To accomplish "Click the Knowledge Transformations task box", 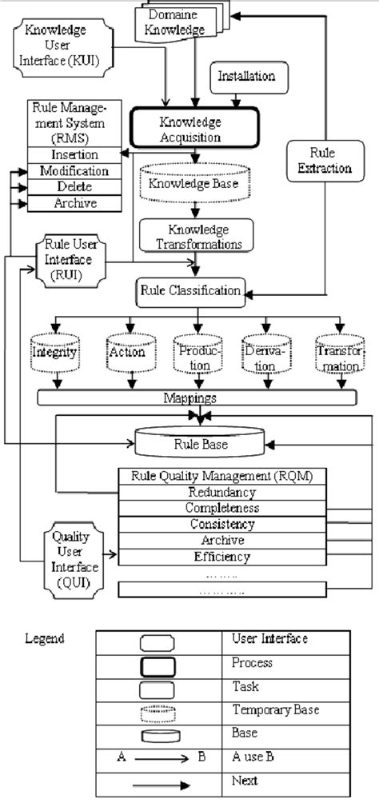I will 190,235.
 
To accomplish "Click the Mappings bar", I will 197,397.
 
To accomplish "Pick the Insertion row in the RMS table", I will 74,155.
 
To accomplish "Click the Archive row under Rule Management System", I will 74,203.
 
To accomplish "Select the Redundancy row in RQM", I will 221,493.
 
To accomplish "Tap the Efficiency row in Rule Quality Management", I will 221,557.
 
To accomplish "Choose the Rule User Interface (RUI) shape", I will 68,258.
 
